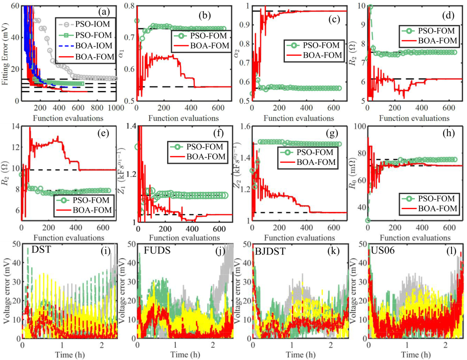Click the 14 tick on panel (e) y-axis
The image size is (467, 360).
(14, 127)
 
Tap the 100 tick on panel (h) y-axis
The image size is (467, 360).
(357, 127)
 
